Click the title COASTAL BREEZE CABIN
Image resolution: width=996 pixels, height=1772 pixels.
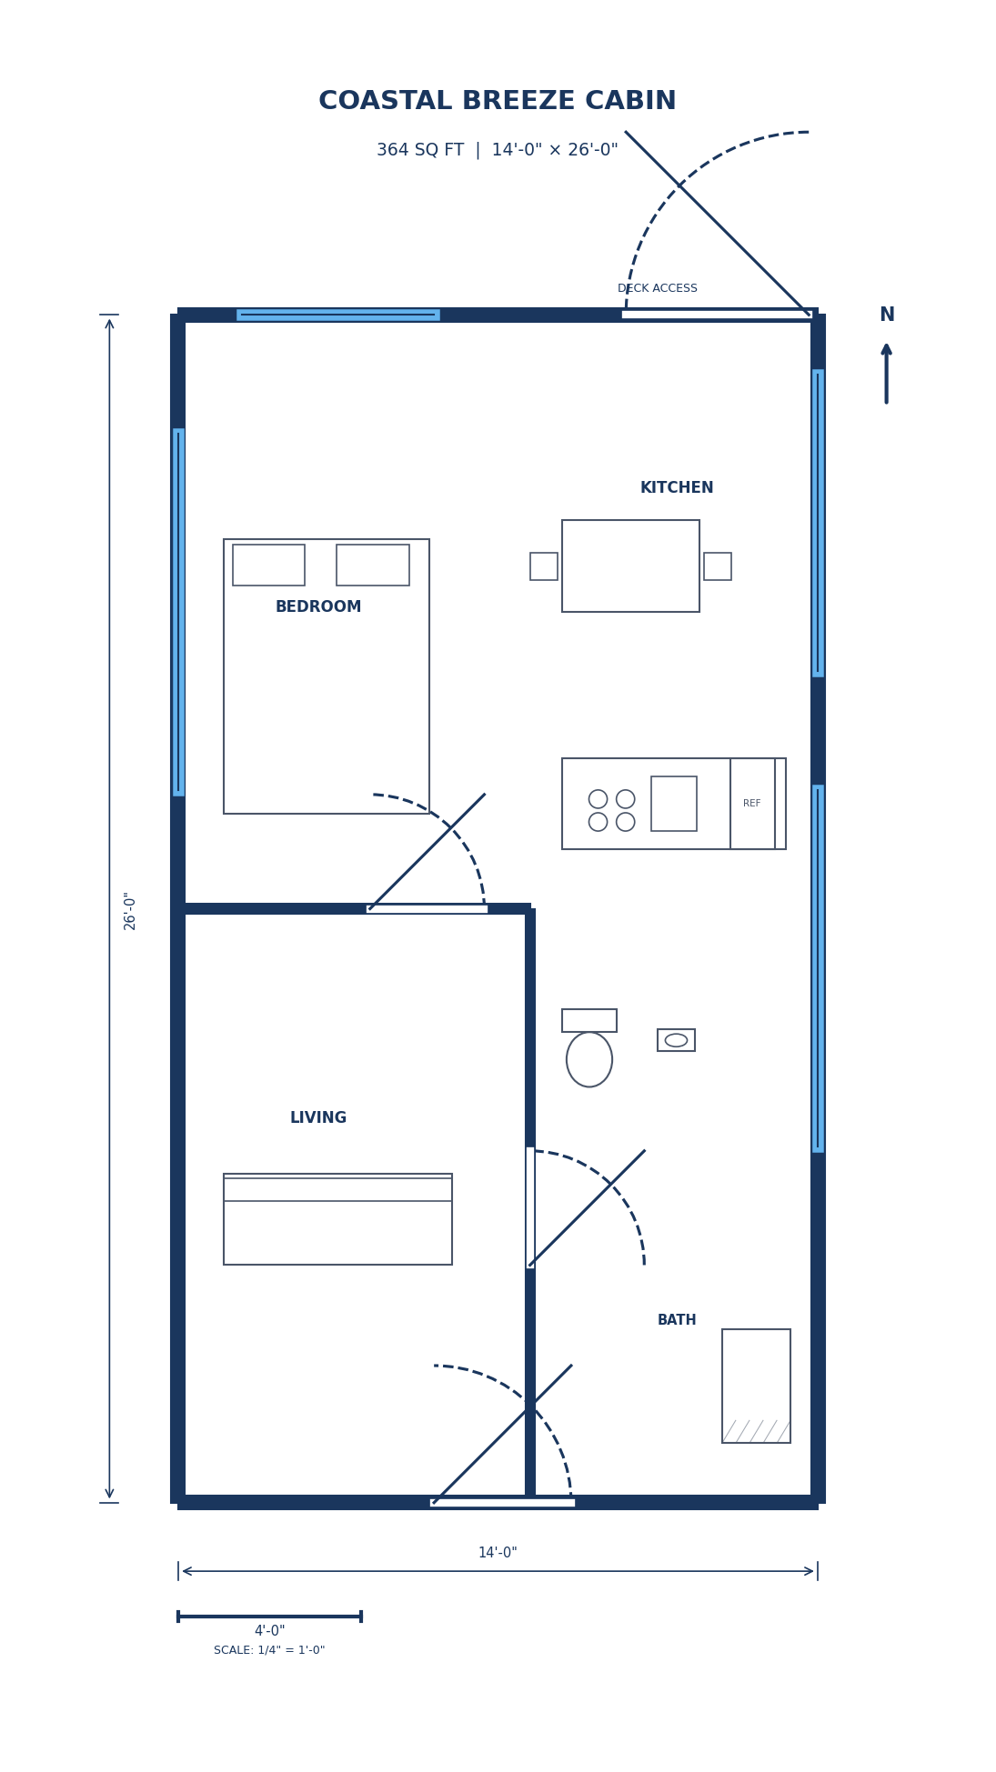coord(497,101)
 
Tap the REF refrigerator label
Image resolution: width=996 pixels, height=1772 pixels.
coord(751,804)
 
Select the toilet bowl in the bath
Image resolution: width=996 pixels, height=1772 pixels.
coord(589,1059)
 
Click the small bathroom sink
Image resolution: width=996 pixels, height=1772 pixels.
coord(676,1040)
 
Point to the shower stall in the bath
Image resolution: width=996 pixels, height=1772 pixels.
coord(756,1385)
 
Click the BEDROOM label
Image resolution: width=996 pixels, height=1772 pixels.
coord(318,606)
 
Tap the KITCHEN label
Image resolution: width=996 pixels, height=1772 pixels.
coord(677,488)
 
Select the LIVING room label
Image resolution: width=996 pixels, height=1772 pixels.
coord(318,1118)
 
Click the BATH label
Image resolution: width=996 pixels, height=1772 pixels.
coord(677,1320)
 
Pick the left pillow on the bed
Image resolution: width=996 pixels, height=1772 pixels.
coord(268,565)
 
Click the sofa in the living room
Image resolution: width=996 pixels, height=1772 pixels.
coord(337,1219)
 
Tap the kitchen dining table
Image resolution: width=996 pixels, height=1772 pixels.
coord(630,566)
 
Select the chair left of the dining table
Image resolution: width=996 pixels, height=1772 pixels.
coord(544,566)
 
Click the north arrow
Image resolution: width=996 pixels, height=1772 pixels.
coord(886,373)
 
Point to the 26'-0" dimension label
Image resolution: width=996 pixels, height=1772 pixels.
coord(130,910)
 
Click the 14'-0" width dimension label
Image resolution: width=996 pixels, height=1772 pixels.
coord(498,1553)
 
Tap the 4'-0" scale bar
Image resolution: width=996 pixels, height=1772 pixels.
coord(269,1616)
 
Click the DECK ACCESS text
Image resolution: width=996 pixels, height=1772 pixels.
coord(657,288)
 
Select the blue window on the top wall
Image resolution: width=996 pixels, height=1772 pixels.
coord(337,315)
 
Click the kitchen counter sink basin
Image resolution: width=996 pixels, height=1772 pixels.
coord(674,804)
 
